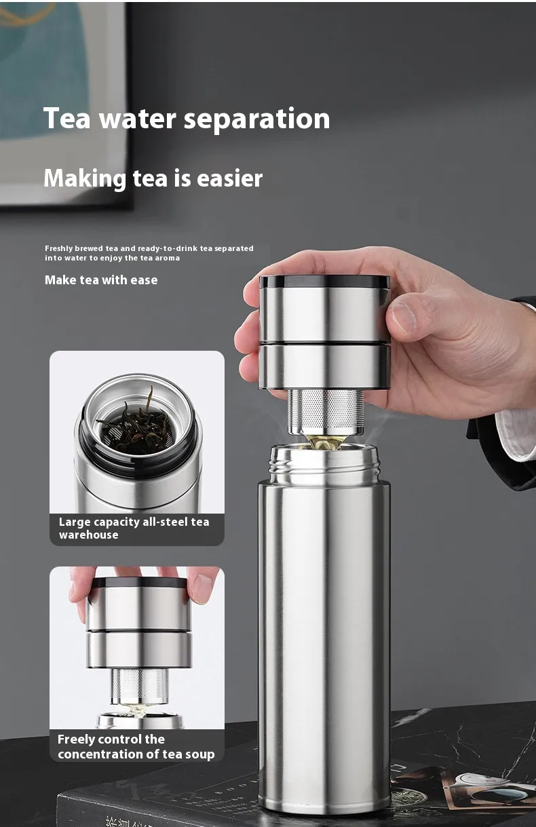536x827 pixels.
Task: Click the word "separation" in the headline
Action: (x=256, y=120)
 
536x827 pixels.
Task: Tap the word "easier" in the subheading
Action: (x=229, y=178)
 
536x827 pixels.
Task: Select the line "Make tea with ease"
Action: (x=101, y=280)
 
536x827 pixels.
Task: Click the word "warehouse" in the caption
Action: (x=89, y=535)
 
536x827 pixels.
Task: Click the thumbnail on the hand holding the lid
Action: (x=404, y=318)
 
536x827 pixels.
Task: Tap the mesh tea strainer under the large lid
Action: (x=325, y=411)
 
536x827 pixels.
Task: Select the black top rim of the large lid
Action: (x=324, y=282)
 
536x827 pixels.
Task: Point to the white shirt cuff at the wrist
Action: (x=517, y=433)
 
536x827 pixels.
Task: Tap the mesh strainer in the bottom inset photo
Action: (x=140, y=686)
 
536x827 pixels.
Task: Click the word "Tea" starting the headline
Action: (x=66, y=118)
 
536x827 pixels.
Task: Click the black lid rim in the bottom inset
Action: (x=139, y=583)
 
